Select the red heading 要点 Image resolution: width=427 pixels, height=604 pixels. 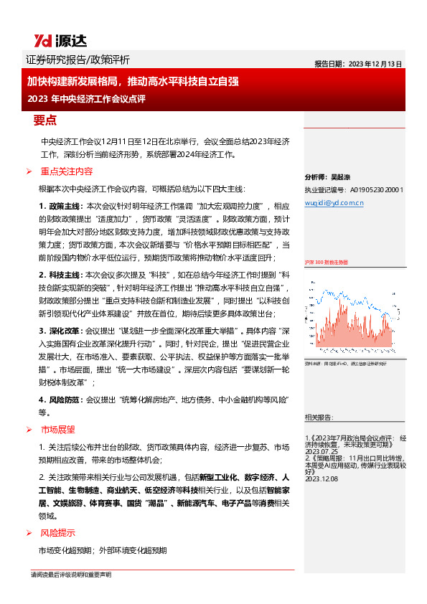point(44,119)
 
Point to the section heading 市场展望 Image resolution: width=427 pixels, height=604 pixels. point(57,429)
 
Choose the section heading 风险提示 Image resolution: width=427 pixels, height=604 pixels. point(57,533)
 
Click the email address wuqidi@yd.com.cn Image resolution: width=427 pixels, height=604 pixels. point(334,202)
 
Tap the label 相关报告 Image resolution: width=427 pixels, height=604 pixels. point(317,416)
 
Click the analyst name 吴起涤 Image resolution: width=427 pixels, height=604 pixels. point(341,177)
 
